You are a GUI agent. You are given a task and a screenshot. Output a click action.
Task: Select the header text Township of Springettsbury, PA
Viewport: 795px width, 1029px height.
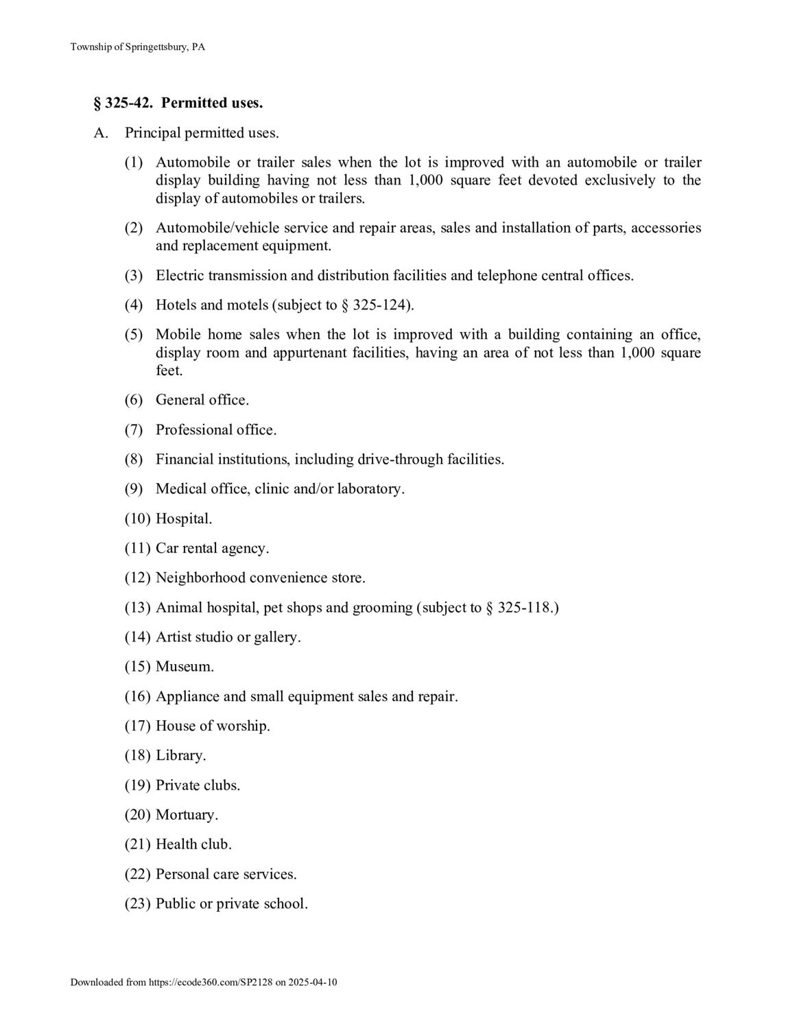[138, 47]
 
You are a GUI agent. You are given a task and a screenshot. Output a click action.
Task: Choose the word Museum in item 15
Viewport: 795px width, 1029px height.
[185, 667]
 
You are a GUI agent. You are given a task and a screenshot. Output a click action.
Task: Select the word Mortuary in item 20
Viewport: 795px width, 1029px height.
[187, 815]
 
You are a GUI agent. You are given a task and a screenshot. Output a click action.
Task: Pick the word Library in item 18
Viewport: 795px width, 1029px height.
[180, 756]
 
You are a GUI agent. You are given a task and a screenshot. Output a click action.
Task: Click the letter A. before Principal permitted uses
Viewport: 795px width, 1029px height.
[101, 133]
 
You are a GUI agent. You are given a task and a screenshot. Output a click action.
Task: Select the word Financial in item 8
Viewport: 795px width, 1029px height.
[185, 460]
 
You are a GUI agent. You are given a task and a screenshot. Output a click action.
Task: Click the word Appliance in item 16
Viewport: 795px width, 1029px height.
[187, 697]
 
